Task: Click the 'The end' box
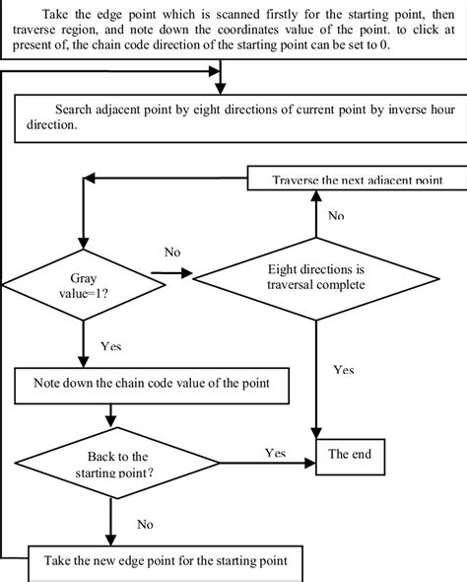pyautogui.click(x=350, y=455)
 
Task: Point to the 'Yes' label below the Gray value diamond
pyautogui.click(x=111, y=347)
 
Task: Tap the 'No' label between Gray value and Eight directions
pyautogui.click(x=172, y=253)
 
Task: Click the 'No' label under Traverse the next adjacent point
pyautogui.click(x=336, y=214)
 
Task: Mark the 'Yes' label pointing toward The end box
pyautogui.click(x=275, y=452)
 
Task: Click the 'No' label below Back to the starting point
pyautogui.click(x=145, y=525)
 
